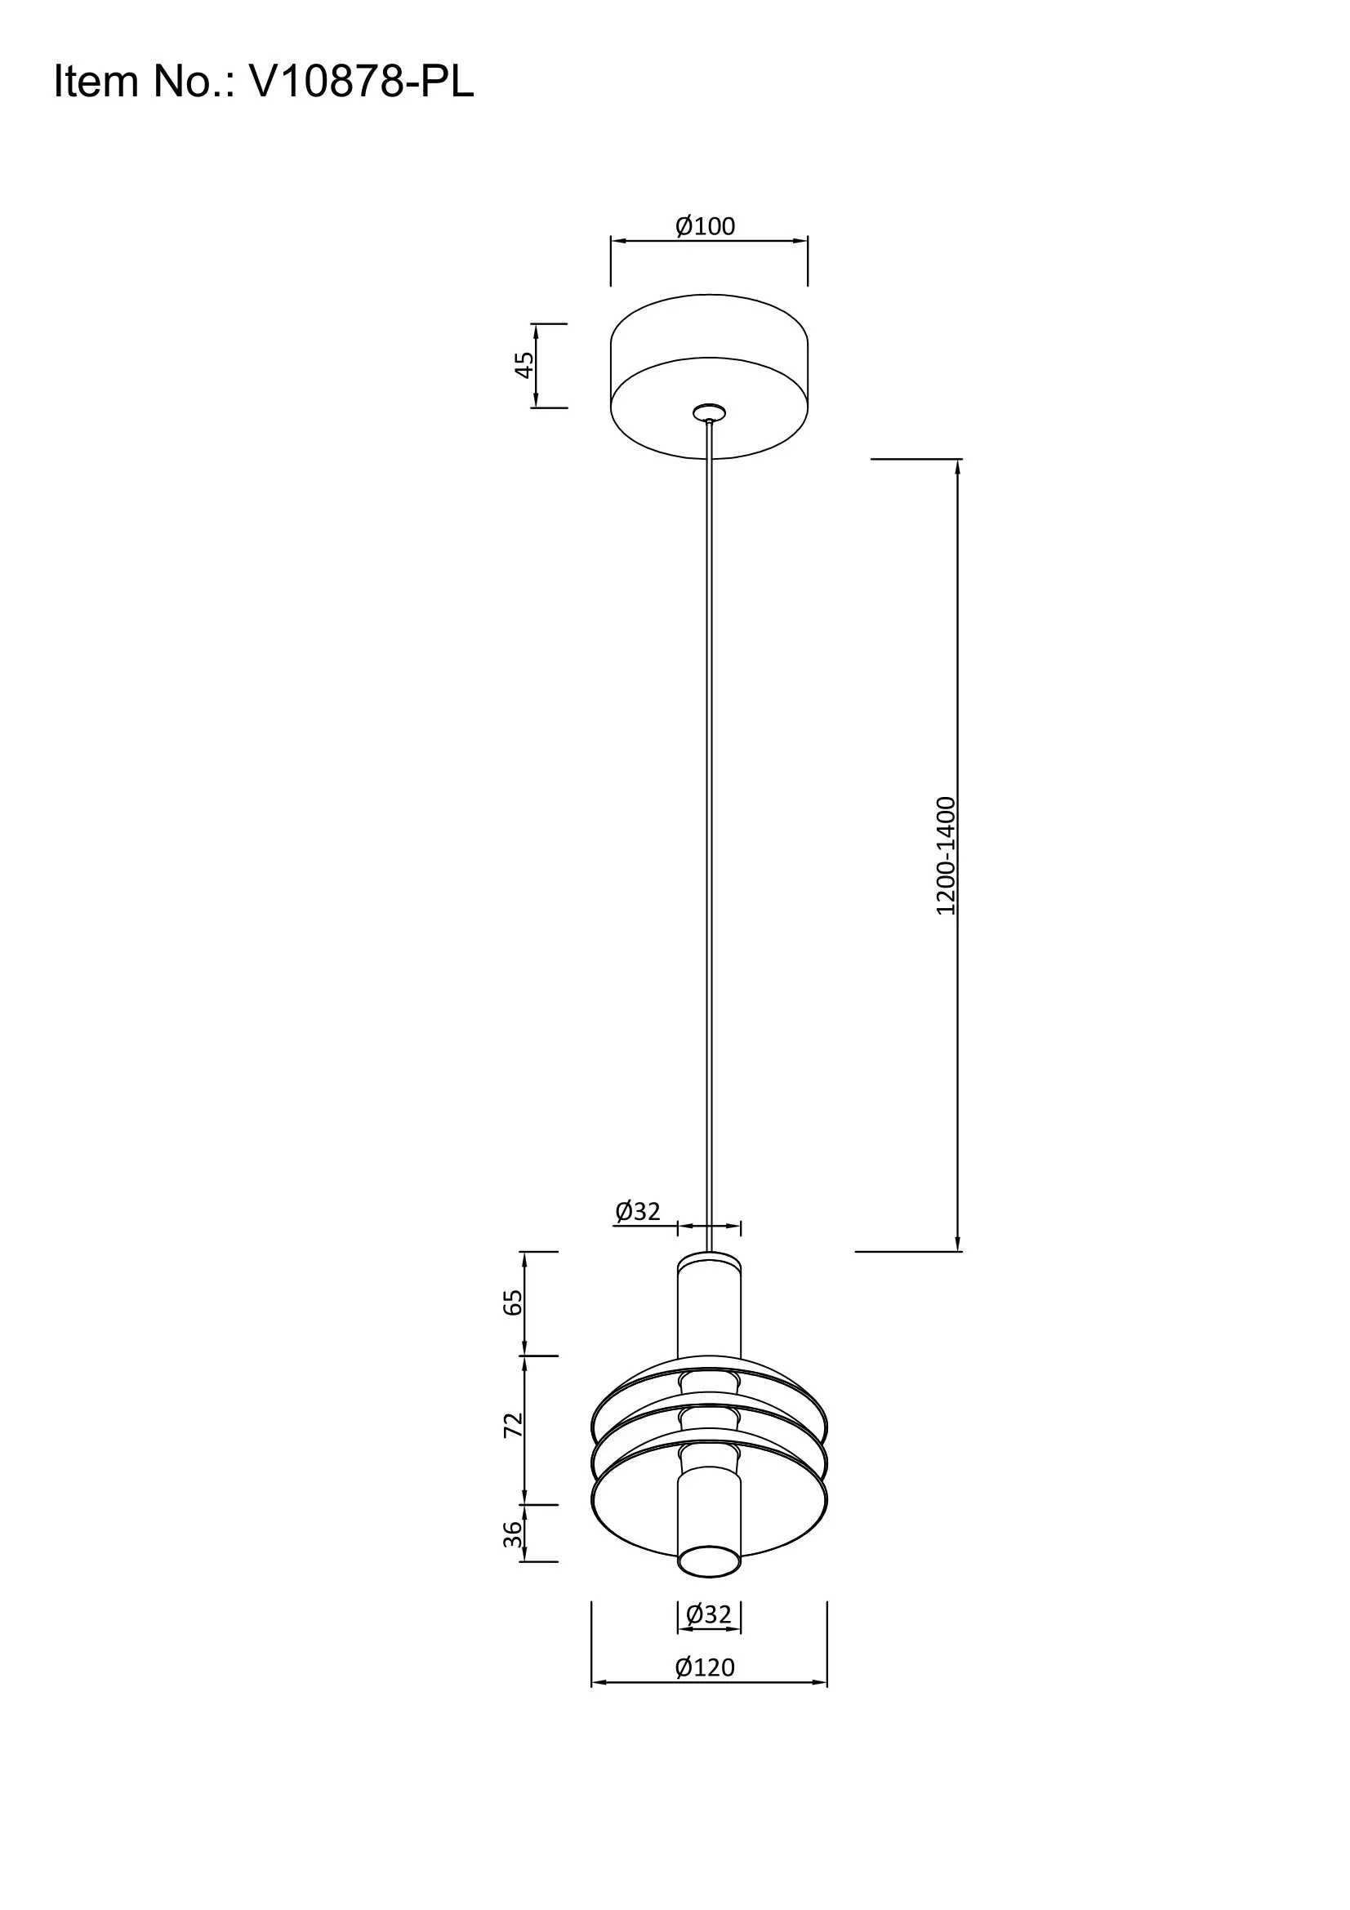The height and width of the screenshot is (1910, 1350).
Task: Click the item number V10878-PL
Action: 361,82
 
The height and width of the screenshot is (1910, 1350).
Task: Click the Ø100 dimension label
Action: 706,226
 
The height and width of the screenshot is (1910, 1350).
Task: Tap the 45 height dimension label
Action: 524,364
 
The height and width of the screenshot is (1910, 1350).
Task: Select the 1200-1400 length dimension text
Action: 947,856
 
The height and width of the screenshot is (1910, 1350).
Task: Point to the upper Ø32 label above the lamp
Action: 637,1212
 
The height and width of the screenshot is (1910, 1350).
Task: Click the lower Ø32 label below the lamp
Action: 709,1614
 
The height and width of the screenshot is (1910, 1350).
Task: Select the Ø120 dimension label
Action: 706,1667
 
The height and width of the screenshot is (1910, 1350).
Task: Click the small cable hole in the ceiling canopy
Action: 709,412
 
